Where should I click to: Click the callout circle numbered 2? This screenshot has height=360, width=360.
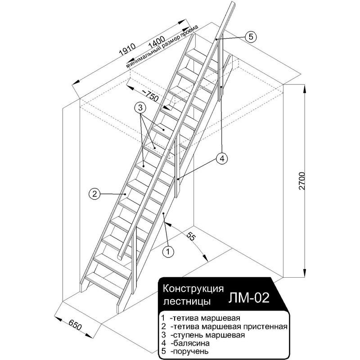[94, 194]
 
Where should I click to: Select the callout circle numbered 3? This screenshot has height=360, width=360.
[140, 108]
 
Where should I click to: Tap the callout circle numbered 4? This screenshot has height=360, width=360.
[221, 158]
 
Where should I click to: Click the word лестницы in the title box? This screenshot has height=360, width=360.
[184, 299]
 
